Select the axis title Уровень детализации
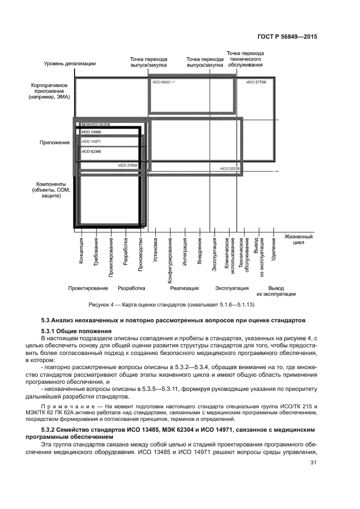click(70, 64)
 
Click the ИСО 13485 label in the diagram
click(90, 132)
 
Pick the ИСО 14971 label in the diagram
click(90, 141)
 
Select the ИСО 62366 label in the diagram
click(90, 151)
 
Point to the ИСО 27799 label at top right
click(255, 82)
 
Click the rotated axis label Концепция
click(81, 251)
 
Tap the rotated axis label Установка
click(155, 251)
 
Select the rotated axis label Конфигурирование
click(170, 257)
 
